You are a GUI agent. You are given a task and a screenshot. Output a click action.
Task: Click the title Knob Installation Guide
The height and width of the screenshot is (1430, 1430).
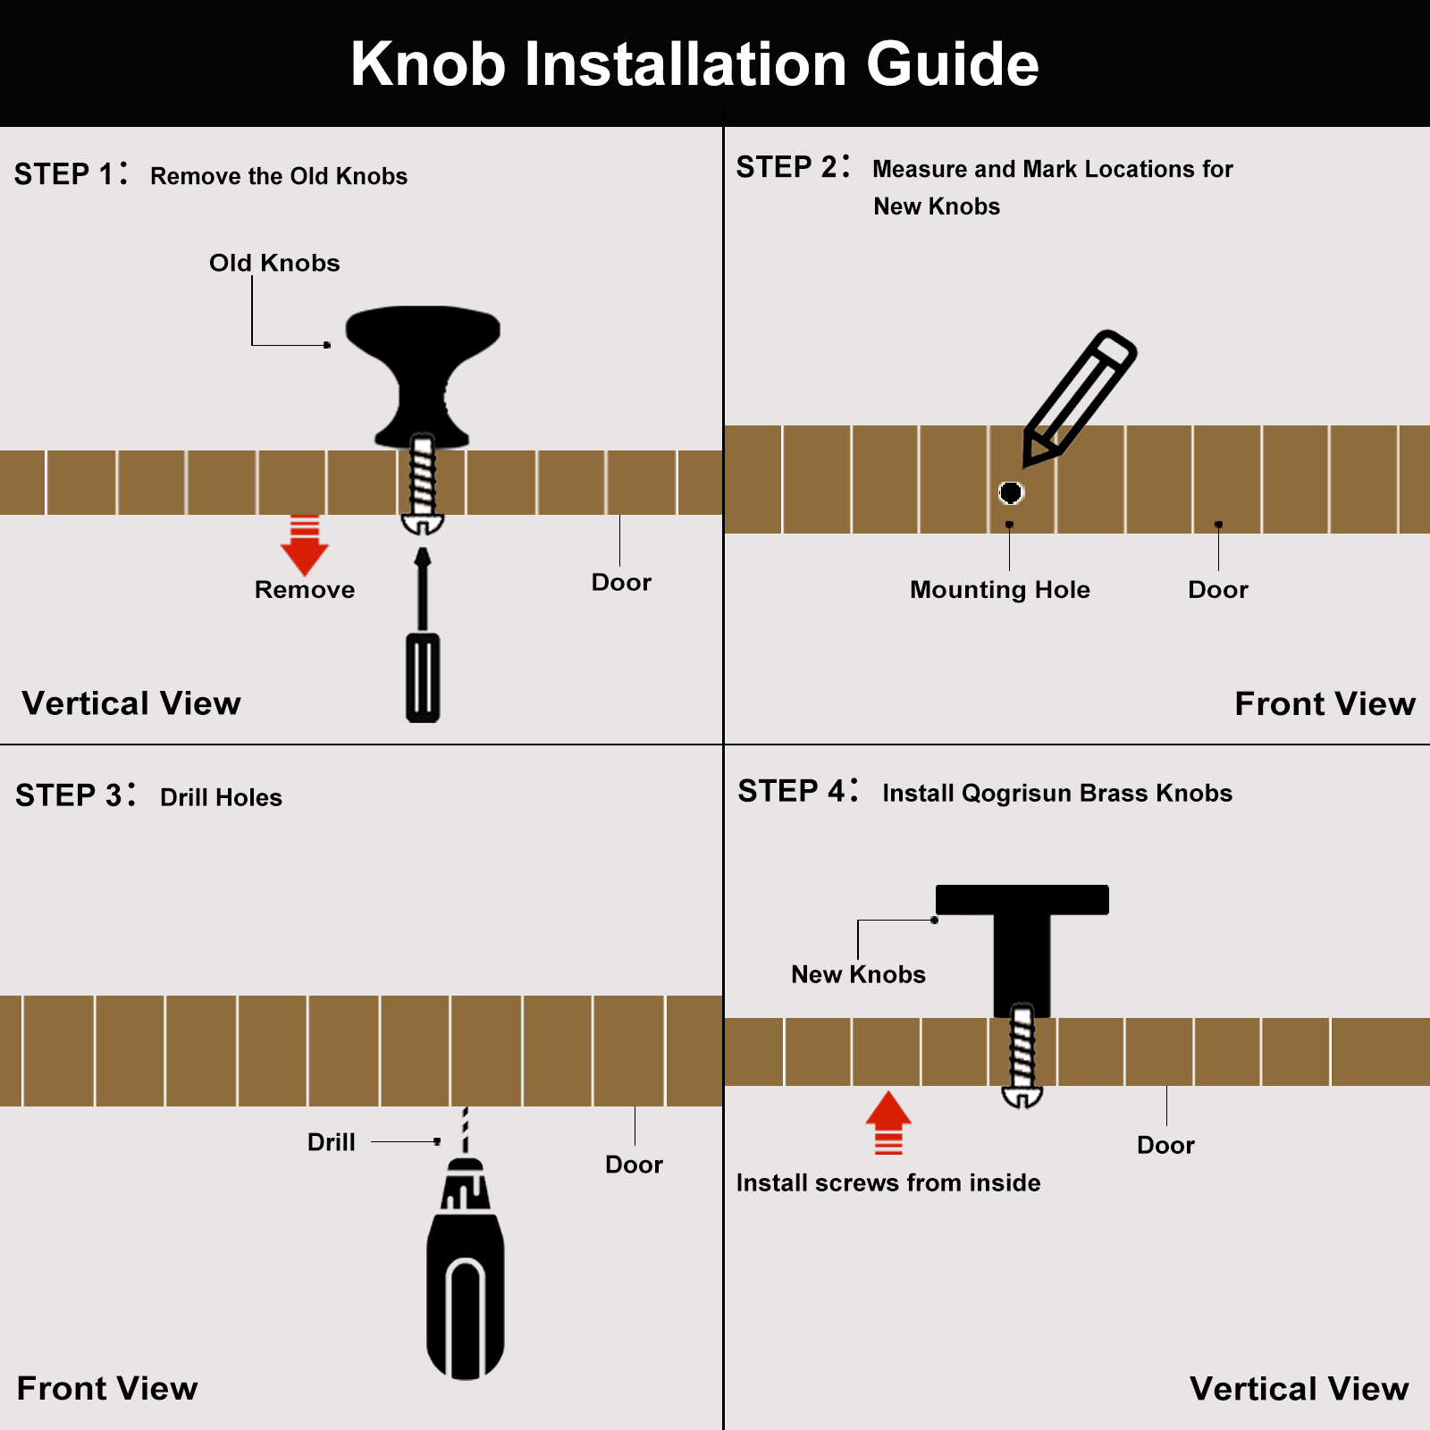pos(694,64)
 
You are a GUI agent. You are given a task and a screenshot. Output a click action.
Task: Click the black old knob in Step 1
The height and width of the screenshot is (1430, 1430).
pos(423,375)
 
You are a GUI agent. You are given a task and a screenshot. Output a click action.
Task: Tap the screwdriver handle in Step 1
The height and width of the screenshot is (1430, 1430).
pos(423,677)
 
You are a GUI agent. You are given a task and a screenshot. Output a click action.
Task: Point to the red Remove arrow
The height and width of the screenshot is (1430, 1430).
pos(305,545)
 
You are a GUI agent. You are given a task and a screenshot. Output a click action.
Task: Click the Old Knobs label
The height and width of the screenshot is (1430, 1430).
pos(274,263)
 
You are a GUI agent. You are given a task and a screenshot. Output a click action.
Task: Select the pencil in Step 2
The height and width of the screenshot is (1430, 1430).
pos(1080,399)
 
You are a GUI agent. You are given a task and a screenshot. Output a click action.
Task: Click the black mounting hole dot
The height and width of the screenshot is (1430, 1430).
pos(1011,492)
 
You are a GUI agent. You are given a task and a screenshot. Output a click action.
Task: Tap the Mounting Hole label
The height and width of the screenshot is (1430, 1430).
pos(1000,590)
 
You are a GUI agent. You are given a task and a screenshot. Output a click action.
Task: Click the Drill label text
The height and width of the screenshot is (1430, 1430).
pos(332,1142)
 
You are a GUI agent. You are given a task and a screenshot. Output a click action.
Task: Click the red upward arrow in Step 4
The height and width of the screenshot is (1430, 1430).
pos(888,1123)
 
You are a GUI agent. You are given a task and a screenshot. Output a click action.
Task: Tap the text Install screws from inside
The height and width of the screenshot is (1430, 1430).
pos(888,1182)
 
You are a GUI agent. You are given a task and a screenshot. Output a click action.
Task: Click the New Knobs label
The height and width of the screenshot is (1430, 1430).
pos(858,974)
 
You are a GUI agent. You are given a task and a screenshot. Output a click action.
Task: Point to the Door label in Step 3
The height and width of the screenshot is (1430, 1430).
pos(634,1165)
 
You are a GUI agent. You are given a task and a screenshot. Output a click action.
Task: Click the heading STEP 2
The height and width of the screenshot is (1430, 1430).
pos(793,167)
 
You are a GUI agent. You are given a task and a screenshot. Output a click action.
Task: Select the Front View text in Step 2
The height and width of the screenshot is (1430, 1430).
pos(1325,704)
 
